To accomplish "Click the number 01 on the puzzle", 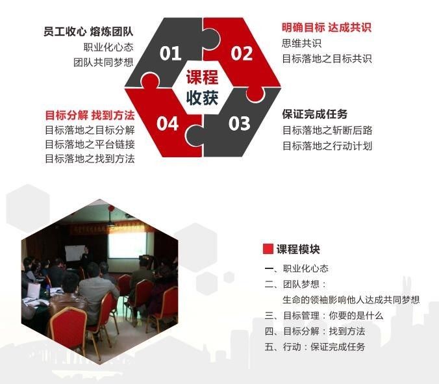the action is click(170, 53).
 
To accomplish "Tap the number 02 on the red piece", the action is click(242, 53).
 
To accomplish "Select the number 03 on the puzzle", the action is click(239, 123).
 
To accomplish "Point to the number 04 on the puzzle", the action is click(168, 123).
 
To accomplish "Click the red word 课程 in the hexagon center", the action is click(202, 77).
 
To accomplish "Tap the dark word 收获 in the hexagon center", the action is click(202, 97).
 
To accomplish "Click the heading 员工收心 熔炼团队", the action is click(88, 31).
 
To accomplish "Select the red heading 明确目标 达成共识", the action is click(327, 27).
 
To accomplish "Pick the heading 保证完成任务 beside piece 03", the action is click(315, 114).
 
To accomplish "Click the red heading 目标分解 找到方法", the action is click(90, 115).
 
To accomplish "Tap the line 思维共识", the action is click(301, 43).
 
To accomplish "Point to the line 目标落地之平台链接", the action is click(90, 144).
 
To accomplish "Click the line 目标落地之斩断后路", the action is click(327, 130).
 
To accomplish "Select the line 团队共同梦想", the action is click(103, 62).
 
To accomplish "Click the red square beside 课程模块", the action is click(268, 249).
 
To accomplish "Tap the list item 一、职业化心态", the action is click(297, 268).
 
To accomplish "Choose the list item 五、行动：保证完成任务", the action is click(315, 347).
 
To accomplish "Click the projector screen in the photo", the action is click(127, 245).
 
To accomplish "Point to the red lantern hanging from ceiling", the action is click(111, 208).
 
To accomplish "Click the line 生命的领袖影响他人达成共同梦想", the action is click(351, 300).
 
